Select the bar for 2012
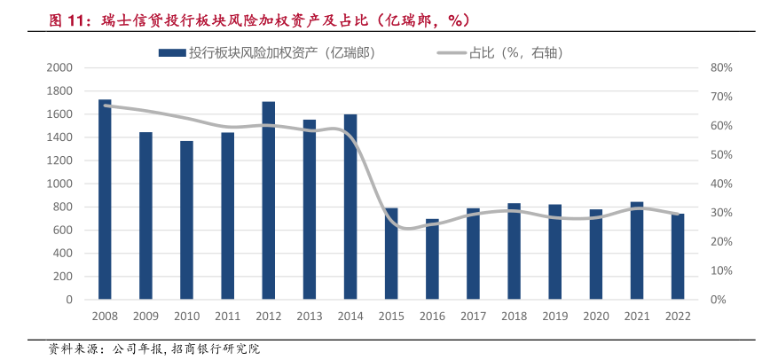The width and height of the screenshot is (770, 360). pyautogui.click(x=269, y=200)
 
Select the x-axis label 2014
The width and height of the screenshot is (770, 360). pyautogui.click(x=350, y=316)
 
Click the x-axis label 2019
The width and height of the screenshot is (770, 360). pyautogui.click(x=555, y=316)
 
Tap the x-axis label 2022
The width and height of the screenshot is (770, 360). pyautogui.click(x=678, y=316)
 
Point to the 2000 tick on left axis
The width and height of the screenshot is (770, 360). pyautogui.click(x=59, y=67)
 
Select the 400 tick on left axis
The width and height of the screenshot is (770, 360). pyautogui.click(x=62, y=254)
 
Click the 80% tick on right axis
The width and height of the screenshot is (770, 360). pyautogui.click(x=720, y=67)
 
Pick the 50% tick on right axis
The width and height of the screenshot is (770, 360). pyautogui.click(x=720, y=154)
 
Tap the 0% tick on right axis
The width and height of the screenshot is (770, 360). pyautogui.click(x=718, y=300)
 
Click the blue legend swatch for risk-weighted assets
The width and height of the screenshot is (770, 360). pyautogui.click(x=171, y=53)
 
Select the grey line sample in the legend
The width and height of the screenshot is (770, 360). pyautogui.click(x=452, y=53)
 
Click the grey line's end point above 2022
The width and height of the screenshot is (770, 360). pyautogui.click(x=678, y=214)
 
